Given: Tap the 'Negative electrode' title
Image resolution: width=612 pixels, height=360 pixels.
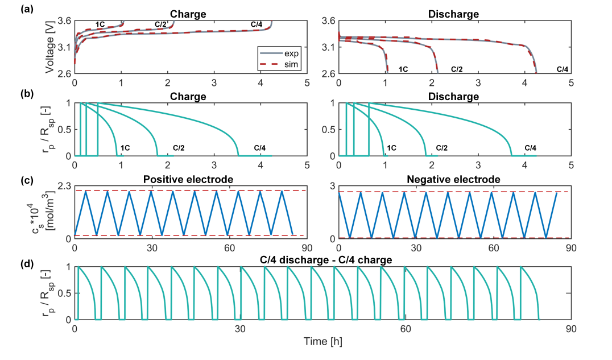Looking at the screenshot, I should click(454, 180).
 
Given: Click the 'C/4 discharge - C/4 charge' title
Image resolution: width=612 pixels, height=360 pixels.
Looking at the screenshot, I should click(322, 260).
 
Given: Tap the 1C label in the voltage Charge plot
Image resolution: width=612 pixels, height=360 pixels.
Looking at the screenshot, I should click(100, 24).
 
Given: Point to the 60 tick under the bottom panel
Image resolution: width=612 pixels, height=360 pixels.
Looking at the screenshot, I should click(406, 329).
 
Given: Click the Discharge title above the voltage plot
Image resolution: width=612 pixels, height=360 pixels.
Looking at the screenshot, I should click(454, 14).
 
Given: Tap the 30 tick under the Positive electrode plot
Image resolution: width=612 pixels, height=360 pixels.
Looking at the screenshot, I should click(152, 248).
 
